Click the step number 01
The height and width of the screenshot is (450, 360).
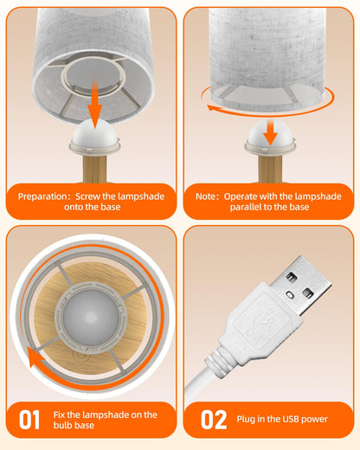[x=29, y=420]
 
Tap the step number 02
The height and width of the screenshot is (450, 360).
[x=214, y=420]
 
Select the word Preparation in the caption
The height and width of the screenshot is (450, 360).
[x=42, y=196]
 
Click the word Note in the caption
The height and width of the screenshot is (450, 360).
[x=205, y=196]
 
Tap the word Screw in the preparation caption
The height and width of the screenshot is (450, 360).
[x=87, y=196]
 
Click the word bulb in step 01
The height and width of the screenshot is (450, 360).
[x=62, y=425]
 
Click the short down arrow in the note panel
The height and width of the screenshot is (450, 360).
[x=270, y=132]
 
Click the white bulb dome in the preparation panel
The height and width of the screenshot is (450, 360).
[x=95, y=133]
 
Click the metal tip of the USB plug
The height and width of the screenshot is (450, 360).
[x=301, y=285]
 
